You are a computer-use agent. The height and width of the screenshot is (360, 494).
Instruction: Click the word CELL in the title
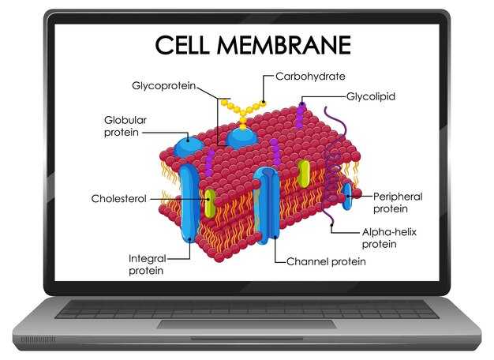point(182,45)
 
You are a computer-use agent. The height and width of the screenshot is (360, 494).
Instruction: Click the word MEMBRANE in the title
point(284,45)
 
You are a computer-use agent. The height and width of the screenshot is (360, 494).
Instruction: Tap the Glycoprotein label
point(164,86)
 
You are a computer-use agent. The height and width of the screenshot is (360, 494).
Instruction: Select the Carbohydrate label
point(310,77)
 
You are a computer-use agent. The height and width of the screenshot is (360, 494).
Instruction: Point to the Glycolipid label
point(371,96)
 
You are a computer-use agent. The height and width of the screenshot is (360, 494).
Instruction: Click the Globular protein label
point(125,126)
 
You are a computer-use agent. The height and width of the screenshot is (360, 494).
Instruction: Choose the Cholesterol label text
point(119,199)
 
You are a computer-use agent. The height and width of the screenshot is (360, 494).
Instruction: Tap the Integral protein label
point(147,264)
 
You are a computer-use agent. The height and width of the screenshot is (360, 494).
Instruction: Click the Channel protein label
point(326,261)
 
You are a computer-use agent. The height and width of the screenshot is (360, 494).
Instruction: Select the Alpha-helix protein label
point(389,238)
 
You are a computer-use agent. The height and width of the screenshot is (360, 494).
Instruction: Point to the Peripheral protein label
point(398,203)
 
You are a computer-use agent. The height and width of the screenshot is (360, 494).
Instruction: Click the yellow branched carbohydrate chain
point(243,112)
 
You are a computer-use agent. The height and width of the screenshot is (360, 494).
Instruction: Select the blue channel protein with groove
point(267,205)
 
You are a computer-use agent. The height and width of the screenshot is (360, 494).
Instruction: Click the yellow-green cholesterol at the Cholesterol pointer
point(210,204)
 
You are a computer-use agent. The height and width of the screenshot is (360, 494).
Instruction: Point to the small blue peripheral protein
point(347,196)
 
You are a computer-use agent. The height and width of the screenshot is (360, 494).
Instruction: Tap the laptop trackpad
point(247,324)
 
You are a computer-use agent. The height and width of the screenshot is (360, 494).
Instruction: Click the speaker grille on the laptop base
point(38,339)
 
